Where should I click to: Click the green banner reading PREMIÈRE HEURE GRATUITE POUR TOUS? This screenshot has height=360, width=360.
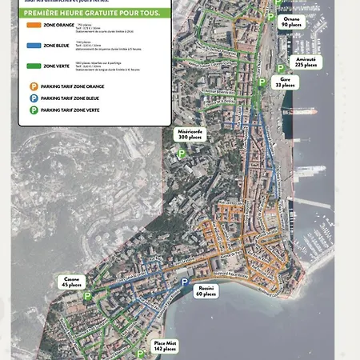click(x=91, y=14)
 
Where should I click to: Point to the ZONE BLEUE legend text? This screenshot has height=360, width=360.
click(x=56, y=46)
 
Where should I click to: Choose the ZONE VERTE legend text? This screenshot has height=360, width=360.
click(x=56, y=66)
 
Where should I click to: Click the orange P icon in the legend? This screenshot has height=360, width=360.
click(x=34, y=86)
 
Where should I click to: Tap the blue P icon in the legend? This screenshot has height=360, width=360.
click(x=34, y=97)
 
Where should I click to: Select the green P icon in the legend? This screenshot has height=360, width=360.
click(x=34, y=109)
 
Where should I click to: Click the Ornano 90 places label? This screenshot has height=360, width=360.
click(x=291, y=22)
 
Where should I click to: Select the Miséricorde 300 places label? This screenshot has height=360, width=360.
click(x=190, y=134)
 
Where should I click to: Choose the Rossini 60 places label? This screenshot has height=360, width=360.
click(x=206, y=290)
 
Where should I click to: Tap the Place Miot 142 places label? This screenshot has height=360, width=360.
click(x=165, y=346)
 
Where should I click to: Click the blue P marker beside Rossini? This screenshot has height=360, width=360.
click(x=185, y=283)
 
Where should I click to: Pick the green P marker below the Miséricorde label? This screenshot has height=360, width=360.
click(x=182, y=153)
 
